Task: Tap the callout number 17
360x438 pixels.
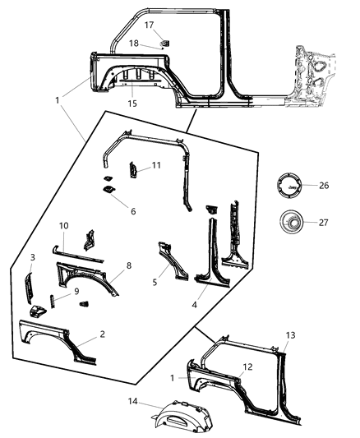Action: [x=150, y=25]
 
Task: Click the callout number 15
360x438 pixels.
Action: [x=132, y=104]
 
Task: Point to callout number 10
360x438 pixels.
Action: [x=62, y=225]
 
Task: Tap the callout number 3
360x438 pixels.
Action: [x=32, y=257]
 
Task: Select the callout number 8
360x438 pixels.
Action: [x=128, y=266]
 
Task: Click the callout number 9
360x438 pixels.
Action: [x=76, y=290]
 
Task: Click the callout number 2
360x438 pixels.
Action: [x=102, y=334]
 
